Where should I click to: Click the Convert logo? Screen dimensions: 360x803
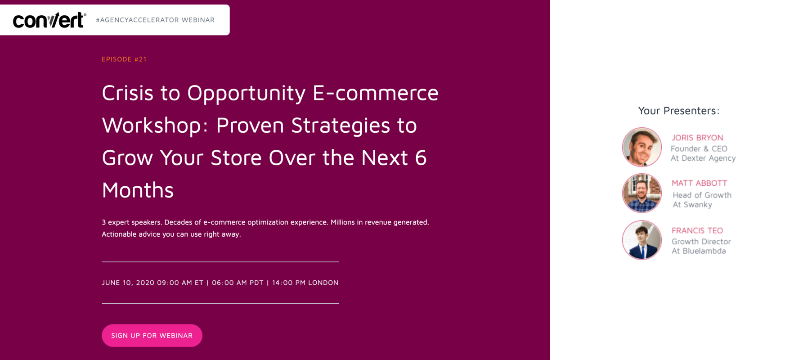click(x=49, y=20)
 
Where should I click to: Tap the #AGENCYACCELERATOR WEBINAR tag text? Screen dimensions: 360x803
click(x=155, y=20)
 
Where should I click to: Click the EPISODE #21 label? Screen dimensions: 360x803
click(x=124, y=59)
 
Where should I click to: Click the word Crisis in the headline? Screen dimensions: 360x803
click(x=128, y=93)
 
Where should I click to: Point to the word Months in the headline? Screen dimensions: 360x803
click(x=138, y=190)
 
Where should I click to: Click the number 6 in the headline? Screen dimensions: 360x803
click(x=421, y=158)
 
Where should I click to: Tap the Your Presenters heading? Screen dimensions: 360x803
click(x=678, y=111)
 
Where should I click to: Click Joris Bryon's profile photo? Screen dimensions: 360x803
click(x=642, y=147)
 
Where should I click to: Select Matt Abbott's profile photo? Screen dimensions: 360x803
click(x=642, y=193)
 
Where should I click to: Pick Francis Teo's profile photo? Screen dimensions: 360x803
click(x=642, y=240)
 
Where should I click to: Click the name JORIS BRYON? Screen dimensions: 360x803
click(x=697, y=138)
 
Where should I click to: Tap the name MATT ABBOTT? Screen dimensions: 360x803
click(x=699, y=183)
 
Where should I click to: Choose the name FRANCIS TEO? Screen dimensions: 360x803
click(x=697, y=230)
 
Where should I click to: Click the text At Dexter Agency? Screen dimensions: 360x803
click(x=703, y=158)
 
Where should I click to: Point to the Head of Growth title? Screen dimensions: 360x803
click(x=702, y=195)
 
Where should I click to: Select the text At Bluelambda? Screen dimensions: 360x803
click(x=699, y=251)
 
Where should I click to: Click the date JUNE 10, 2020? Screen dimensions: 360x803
click(x=128, y=283)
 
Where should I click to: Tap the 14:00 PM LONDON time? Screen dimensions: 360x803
click(x=305, y=283)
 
